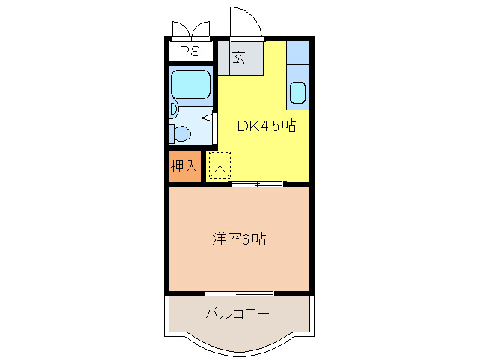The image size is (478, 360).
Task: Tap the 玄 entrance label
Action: coord(238,58)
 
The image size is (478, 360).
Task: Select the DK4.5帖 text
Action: coord(267,126)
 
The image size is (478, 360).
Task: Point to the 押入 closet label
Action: coord(184,166)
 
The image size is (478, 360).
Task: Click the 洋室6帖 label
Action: coord(239,239)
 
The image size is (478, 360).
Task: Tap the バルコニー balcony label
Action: coord(238,313)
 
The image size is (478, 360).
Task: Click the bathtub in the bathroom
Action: coord(191,85)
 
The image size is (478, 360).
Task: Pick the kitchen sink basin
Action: coord(297,94)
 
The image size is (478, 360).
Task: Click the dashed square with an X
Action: coord(220,166)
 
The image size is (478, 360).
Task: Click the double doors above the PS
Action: coord(191,30)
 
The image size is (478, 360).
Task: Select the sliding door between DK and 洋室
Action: coord(257,184)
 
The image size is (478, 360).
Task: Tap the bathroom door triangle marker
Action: coord(209,118)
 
